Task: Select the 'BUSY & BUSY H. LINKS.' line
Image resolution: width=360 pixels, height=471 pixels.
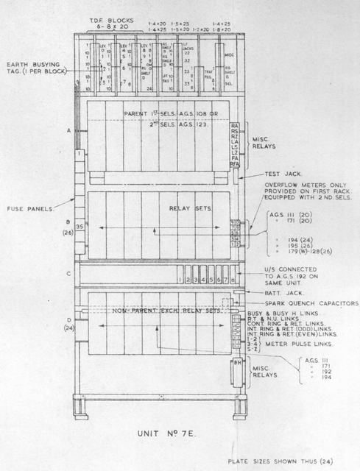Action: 280,313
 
